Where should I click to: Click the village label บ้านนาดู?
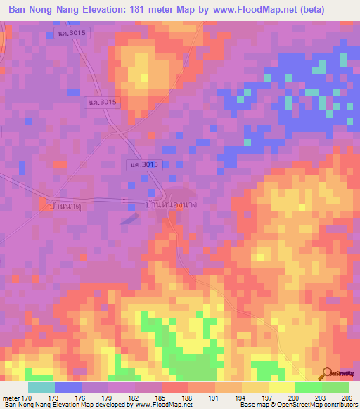62,207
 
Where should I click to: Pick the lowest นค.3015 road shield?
146,164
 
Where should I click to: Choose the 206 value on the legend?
347,397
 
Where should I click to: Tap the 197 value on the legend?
269,397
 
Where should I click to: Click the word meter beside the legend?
13,397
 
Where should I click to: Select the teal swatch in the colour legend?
41,387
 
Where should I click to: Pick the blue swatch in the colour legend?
67,387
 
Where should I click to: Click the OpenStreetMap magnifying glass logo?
326,372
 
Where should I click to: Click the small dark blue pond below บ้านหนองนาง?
129,220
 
